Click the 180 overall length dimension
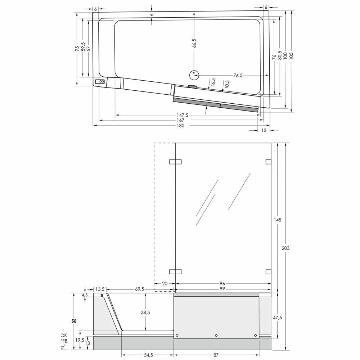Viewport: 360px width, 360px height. (x=180, y=126)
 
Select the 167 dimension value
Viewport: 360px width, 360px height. (x=180, y=120)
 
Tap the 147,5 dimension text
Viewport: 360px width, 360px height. (x=182, y=115)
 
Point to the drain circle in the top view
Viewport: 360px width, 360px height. (x=194, y=75)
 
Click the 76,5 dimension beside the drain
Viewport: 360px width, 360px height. (x=238, y=75)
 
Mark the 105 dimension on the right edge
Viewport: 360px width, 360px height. (x=291, y=55)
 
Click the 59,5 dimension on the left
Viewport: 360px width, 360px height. (x=83, y=48)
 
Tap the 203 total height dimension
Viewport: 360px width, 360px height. (x=285, y=248)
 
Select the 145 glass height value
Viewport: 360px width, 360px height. (x=278, y=220)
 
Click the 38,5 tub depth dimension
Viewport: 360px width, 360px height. (x=145, y=313)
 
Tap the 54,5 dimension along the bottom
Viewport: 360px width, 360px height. (x=149, y=355)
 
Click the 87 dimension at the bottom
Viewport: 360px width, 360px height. (x=216, y=355)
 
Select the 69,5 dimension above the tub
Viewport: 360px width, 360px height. (x=140, y=289)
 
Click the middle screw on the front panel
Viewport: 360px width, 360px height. (x=216, y=336)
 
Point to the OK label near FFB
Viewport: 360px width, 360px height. (x=64, y=335)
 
